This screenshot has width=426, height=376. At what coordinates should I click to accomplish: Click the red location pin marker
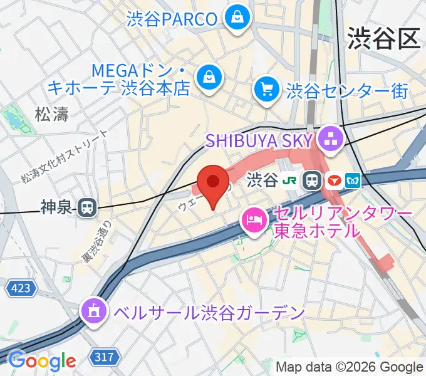[x=213, y=183]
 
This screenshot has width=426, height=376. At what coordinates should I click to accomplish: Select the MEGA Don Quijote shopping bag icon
[x=207, y=78]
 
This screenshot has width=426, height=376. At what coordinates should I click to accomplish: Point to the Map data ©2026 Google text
[x=350, y=367]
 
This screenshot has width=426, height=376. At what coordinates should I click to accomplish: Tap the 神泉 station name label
[x=58, y=207]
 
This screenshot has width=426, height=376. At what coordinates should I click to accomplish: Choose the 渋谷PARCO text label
[x=172, y=18]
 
